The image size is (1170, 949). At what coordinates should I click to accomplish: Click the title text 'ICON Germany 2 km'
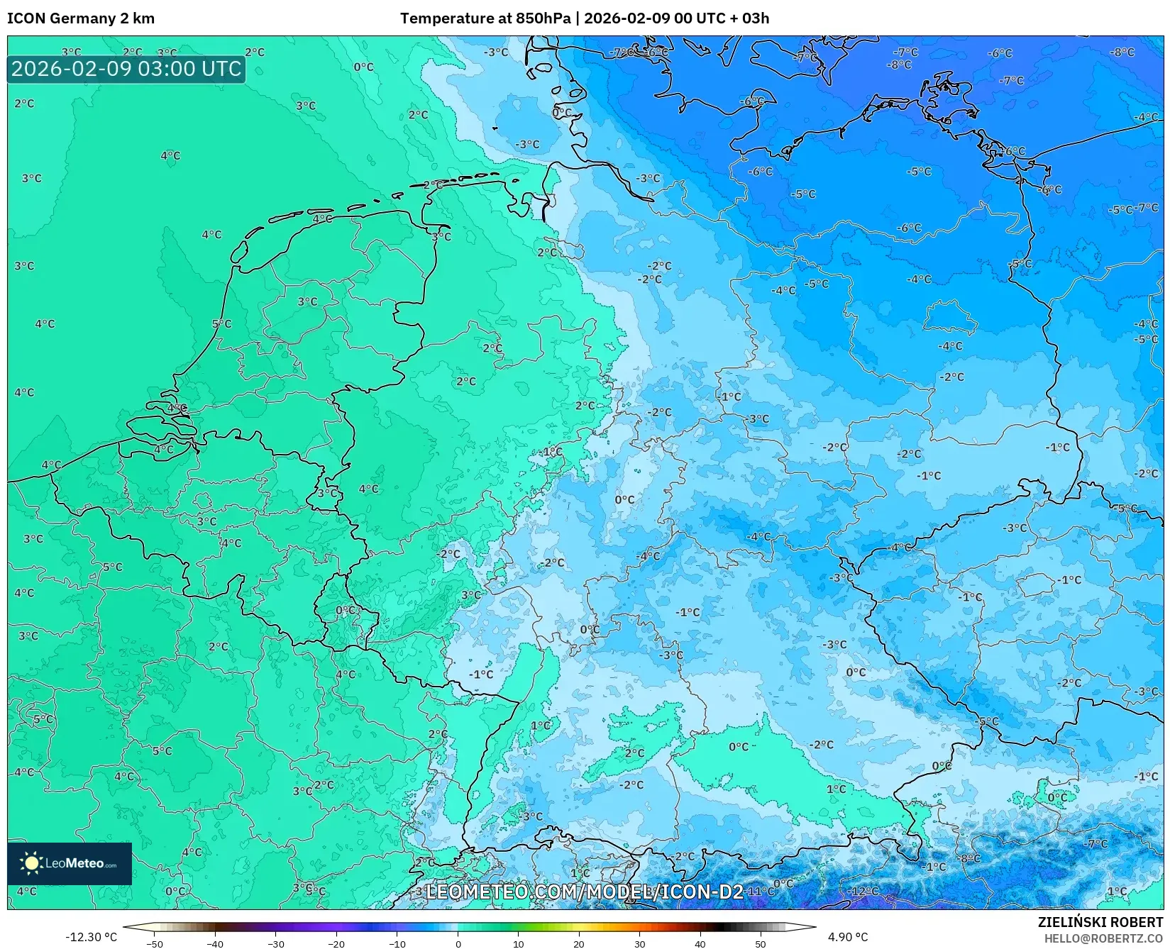[x=81, y=18]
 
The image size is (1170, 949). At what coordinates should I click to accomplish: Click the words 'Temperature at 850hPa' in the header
[x=485, y=18]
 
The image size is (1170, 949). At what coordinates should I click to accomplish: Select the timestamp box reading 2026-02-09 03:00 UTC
[x=126, y=69]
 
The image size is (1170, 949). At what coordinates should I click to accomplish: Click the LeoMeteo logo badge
[x=70, y=863]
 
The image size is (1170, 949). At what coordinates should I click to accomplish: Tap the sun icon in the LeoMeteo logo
[x=31, y=863]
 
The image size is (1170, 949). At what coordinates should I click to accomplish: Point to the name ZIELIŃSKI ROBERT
[x=1100, y=923]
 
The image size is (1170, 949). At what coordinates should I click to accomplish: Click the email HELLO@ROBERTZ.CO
[x=1103, y=938]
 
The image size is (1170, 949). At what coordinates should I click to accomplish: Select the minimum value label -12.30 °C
[x=91, y=937]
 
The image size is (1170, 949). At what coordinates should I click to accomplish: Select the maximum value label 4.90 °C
[x=847, y=937]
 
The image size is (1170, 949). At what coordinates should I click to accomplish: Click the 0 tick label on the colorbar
[x=458, y=944]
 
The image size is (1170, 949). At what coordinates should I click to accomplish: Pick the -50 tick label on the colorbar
[x=154, y=944]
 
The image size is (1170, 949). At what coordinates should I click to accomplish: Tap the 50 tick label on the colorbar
[x=761, y=944]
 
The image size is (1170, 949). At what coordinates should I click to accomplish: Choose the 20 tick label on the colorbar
[x=579, y=944]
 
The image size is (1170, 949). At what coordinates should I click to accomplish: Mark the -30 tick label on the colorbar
[x=275, y=944]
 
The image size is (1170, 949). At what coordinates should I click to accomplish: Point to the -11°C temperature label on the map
[x=761, y=891]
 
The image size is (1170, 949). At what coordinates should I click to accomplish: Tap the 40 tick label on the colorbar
[x=700, y=944]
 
